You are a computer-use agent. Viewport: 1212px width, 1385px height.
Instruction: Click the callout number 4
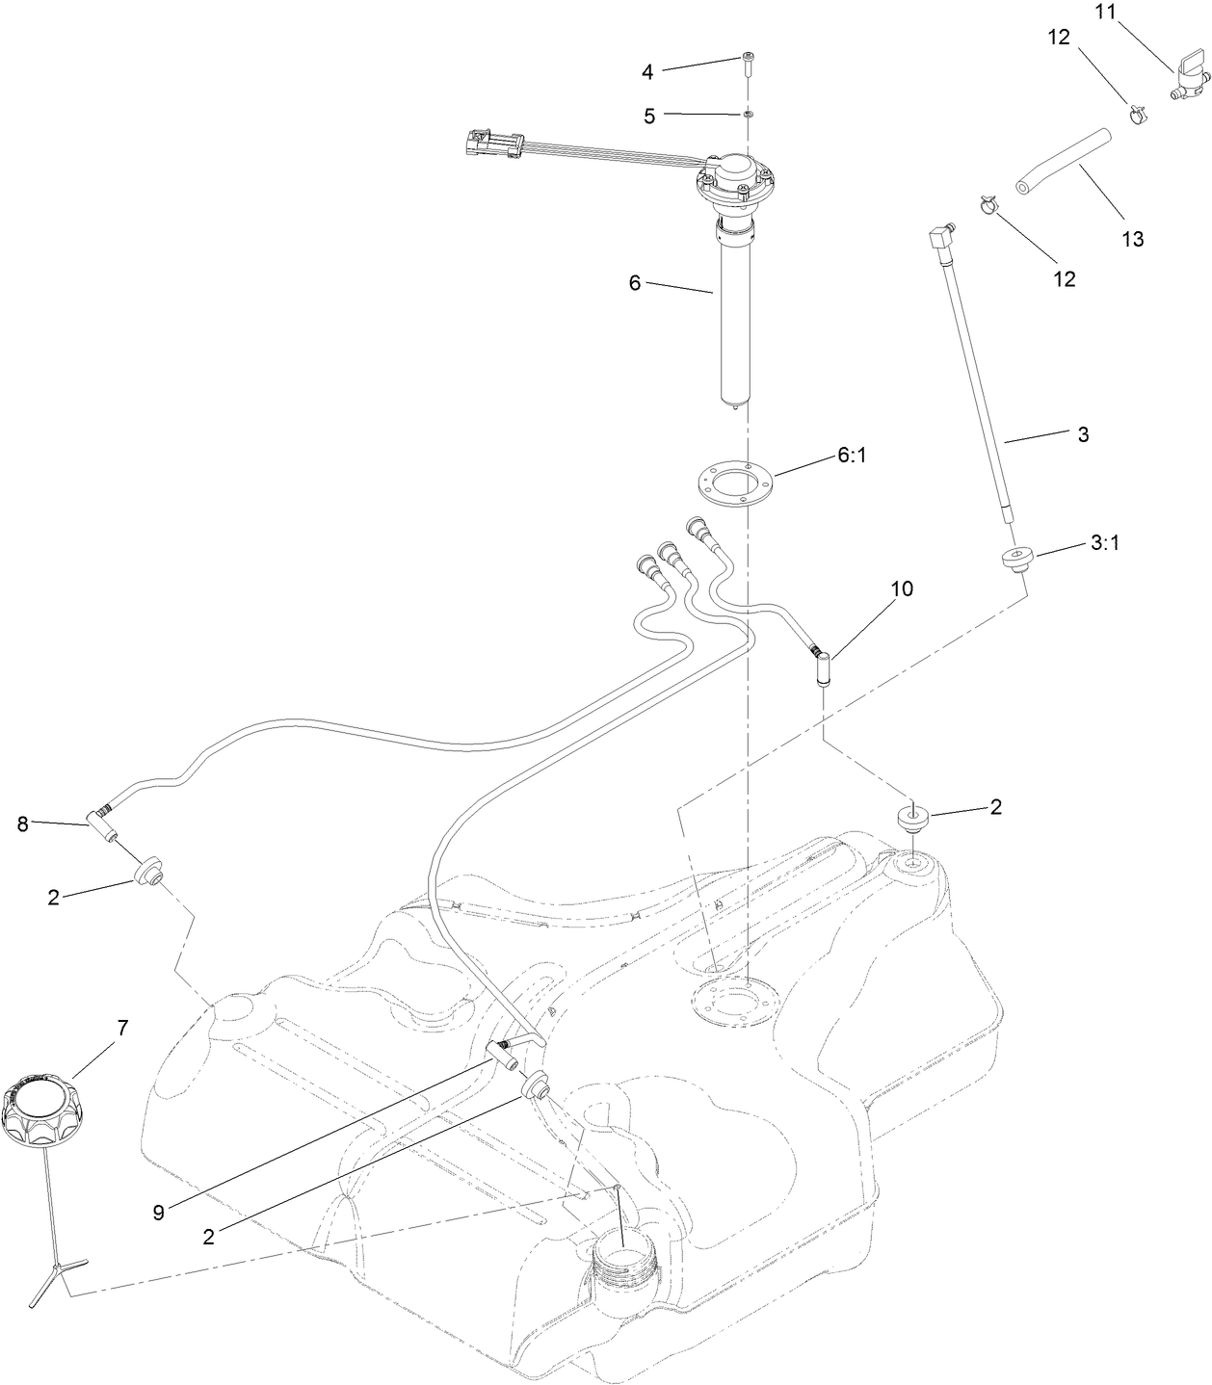click(647, 71)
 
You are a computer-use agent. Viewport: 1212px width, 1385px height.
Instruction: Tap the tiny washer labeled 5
click(747, 115)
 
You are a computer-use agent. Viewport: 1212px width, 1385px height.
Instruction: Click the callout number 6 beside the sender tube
click(634, 283)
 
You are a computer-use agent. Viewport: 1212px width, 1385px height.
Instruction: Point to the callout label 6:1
click(852, 455)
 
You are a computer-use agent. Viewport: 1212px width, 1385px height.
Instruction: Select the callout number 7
click(121, 1027)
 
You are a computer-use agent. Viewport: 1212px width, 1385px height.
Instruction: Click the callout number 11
click(1104, 13)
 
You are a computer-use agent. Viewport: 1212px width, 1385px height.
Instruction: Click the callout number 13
click(1133, 239)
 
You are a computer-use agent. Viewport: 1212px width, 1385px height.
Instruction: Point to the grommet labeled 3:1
click(1015, 558)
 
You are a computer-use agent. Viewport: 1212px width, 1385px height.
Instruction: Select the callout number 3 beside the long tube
click(1083, 434)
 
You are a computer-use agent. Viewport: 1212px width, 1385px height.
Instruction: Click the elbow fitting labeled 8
click(102, 822)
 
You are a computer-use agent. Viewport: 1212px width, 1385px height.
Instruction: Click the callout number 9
click(158, 1213)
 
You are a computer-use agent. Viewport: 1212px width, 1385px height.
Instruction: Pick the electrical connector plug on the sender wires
click(489, 144)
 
